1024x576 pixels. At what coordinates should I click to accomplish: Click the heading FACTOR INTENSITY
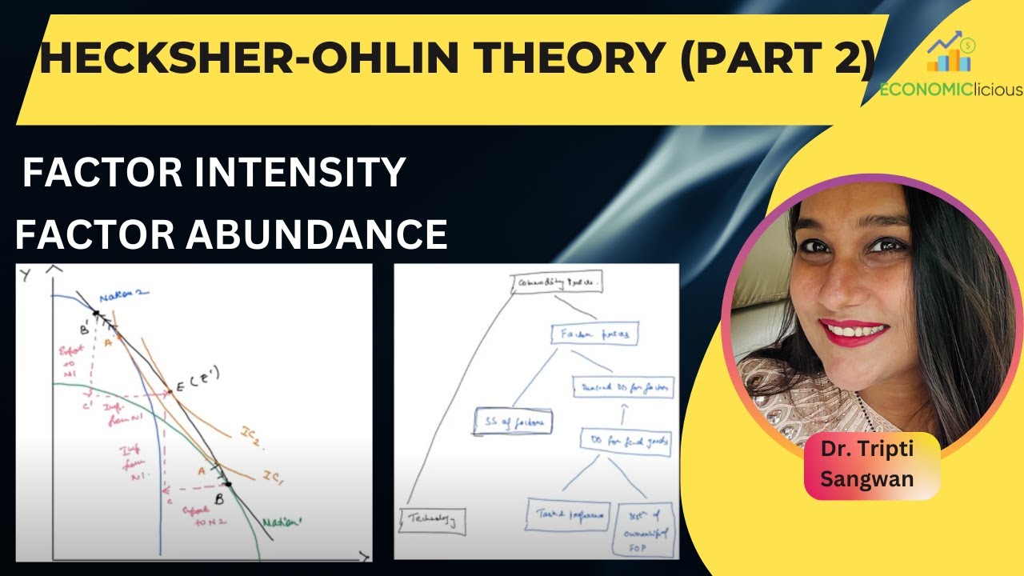click(214, 173)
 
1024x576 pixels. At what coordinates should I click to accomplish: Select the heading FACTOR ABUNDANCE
click(231, 234)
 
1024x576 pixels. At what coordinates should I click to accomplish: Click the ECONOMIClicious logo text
click(950, 90)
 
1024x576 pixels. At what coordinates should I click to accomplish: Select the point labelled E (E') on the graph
click(169, 392)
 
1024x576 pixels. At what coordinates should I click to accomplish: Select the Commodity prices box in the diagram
click(555, 282)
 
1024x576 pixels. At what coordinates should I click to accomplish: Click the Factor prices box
click(594, 336)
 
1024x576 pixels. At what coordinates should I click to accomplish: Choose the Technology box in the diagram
click(433, 521)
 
